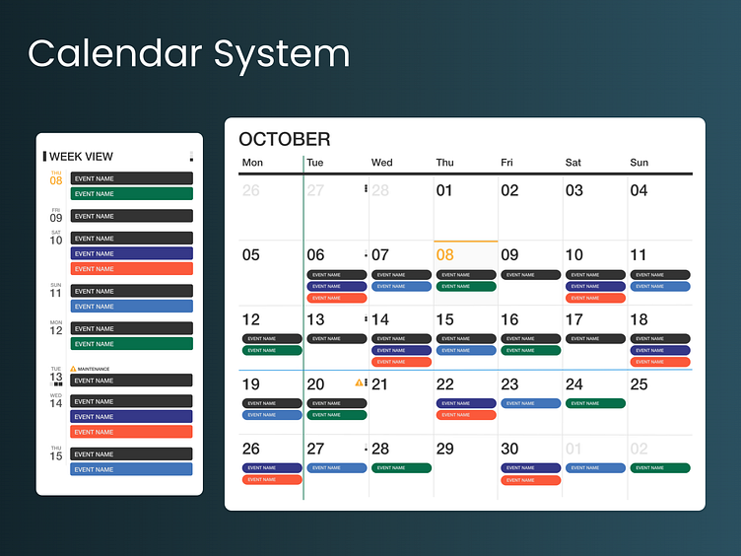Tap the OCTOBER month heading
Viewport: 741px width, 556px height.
point(284,140)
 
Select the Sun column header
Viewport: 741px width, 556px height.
point(639,163)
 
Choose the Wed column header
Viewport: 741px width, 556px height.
point(381,163)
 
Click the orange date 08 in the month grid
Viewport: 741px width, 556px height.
point(444,255)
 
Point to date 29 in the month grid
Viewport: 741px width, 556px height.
point(444,450)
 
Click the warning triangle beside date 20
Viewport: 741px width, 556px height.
point(359,382)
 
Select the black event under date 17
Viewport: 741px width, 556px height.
point(595,339)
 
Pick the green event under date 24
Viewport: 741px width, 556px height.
point(595,403)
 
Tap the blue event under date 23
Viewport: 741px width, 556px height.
point(530,403)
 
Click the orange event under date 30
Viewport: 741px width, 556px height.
point(530,480)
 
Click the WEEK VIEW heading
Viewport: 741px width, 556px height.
point(81,156)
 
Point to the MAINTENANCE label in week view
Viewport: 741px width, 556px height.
point(94,369)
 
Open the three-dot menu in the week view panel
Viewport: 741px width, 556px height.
point(191,156)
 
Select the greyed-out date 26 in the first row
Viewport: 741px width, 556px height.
point(251,190)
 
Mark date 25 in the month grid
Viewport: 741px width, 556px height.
point(639,384)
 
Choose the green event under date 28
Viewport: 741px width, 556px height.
point(401,468)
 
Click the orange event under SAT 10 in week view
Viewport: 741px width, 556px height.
point(131,269)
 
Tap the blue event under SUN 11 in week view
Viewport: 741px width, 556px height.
point(131,307)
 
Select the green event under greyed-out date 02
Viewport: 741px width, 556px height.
point(660,468)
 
